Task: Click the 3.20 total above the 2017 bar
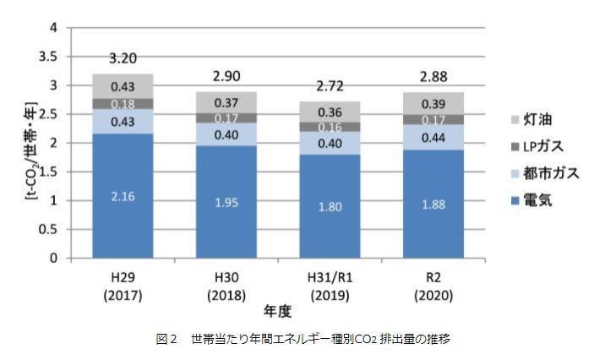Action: [123, 58]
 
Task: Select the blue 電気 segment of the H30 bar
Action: [226, 202]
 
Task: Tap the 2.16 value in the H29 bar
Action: [123, 197]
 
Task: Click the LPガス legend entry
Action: [537, 147]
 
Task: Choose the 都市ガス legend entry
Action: [545, 173]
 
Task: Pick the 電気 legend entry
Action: [531, 200]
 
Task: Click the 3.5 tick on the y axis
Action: [47, 57]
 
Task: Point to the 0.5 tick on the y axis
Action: [47, 229]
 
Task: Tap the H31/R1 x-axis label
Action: [330, 278]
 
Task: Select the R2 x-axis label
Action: [433, 278]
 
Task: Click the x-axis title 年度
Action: [278, 312]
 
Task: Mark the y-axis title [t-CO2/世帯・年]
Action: [30, 150]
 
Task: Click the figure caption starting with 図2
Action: [303, 339]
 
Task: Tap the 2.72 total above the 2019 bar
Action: [330, 86]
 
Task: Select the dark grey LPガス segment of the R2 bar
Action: [433, 120]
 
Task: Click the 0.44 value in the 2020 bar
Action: [433, 138]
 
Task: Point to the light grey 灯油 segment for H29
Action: [123, 86]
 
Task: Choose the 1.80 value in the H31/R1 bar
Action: [330, 207]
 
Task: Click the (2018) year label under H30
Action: [226, 296]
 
